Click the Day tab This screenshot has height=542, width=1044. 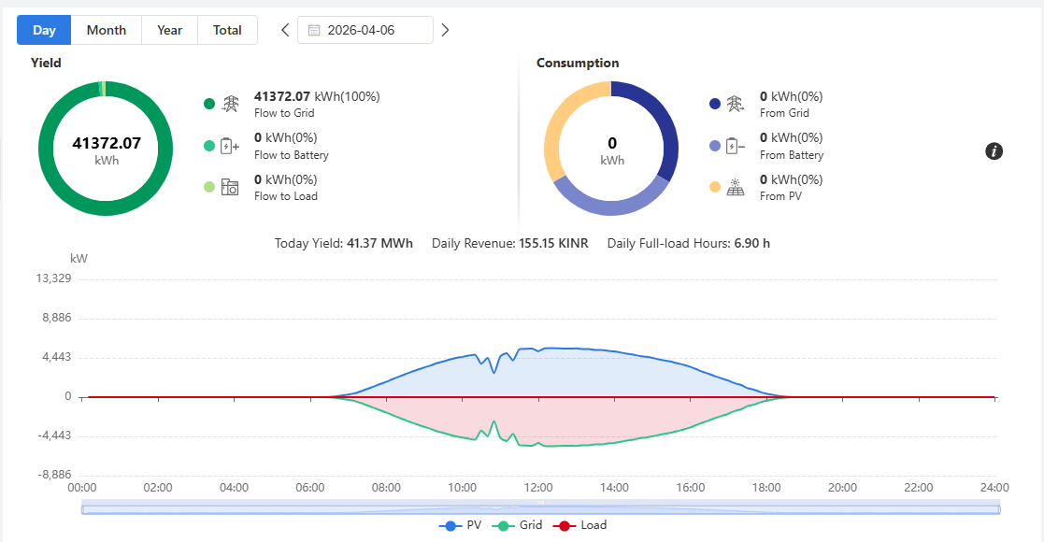point(44,30)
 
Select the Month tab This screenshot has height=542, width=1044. point(107,30)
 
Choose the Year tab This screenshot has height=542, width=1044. point(170,30)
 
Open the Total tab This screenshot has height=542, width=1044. point(227,30)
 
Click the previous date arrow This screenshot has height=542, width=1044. point(285,30)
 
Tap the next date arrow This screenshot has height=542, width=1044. point(446,30)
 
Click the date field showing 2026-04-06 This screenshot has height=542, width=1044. point(365,30)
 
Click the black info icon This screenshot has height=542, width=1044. point(994,151)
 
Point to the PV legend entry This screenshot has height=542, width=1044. point(460,525)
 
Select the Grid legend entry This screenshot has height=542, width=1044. point(518,525)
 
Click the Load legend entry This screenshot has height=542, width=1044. point(579,525)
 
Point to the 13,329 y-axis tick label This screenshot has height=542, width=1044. point(53,278)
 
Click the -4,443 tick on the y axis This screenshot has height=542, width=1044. point(54,435)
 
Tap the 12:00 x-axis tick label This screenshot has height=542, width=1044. point(538,488)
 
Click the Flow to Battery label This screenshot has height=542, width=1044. point(292,155)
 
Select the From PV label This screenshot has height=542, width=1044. point(781,196)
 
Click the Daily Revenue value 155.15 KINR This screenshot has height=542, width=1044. point(553,244)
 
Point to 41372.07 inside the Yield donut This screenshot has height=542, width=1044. point(107,143)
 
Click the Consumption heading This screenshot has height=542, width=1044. point(578,64)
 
